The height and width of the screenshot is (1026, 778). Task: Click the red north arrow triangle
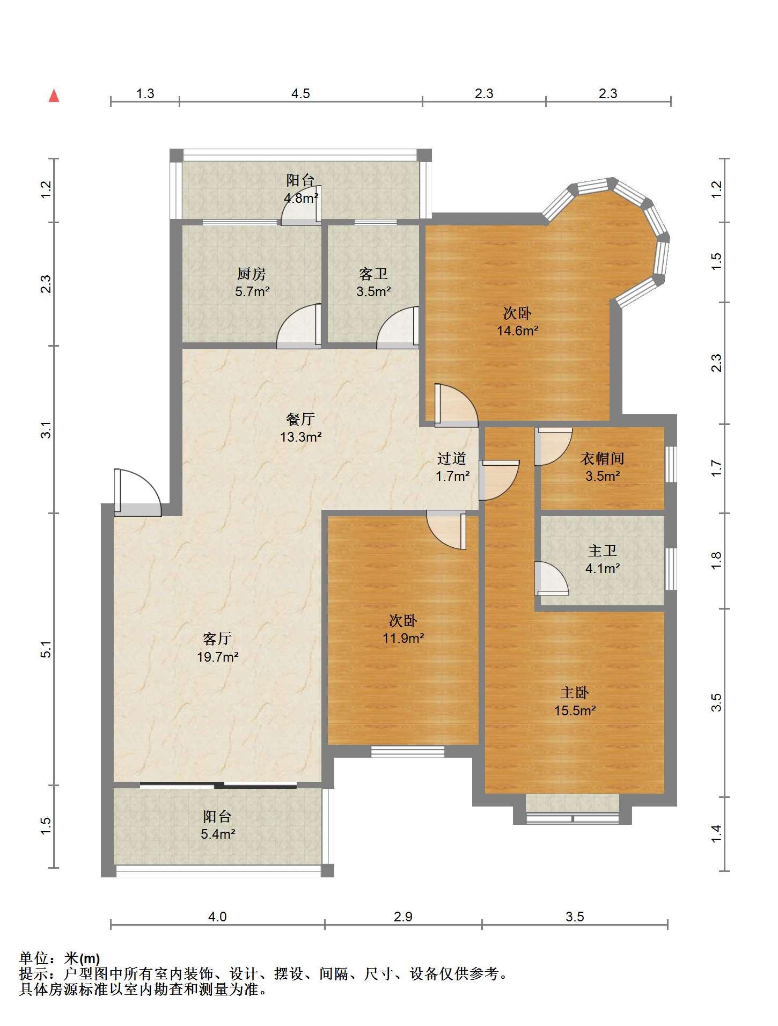pyautogui.click(x=54, y=96)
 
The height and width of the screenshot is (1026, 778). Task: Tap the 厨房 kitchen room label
pyautogui.click(x=252, y=274)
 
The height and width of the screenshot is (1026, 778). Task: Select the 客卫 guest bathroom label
pyautogui.click(x=373, y=274)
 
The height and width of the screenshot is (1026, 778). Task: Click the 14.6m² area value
pyautogui.click(x=517, y=331)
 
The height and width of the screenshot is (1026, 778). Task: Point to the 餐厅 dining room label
pyautogui.click(x=300, y=419)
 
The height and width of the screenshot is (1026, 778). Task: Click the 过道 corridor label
pyautogui.click(x=452, y=458)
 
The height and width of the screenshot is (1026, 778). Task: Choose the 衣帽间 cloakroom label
pyautogui.click(x=603, y=458)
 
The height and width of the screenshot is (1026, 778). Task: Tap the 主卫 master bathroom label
pyautogui.click(x=603, y=551)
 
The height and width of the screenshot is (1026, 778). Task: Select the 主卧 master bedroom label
pyautogui.click(x=575, y=692)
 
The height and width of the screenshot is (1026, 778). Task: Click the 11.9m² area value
pyautogui.click(x=403, y=639)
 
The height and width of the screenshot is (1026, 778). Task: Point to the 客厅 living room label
pyautogui.click(x=217, y=639)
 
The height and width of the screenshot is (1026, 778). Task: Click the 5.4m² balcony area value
pyautogui.click(x=217, y=834)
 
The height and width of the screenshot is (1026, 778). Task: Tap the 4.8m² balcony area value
pyautogui.click(x=301, y=198)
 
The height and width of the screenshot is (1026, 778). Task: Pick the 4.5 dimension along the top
pyautogui.click(x=300, y=93)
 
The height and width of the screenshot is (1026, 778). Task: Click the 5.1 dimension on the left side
pyautogui.click(x=47, y=650)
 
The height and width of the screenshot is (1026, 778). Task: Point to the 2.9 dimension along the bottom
pyautogui.click(x=403, y=917)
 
